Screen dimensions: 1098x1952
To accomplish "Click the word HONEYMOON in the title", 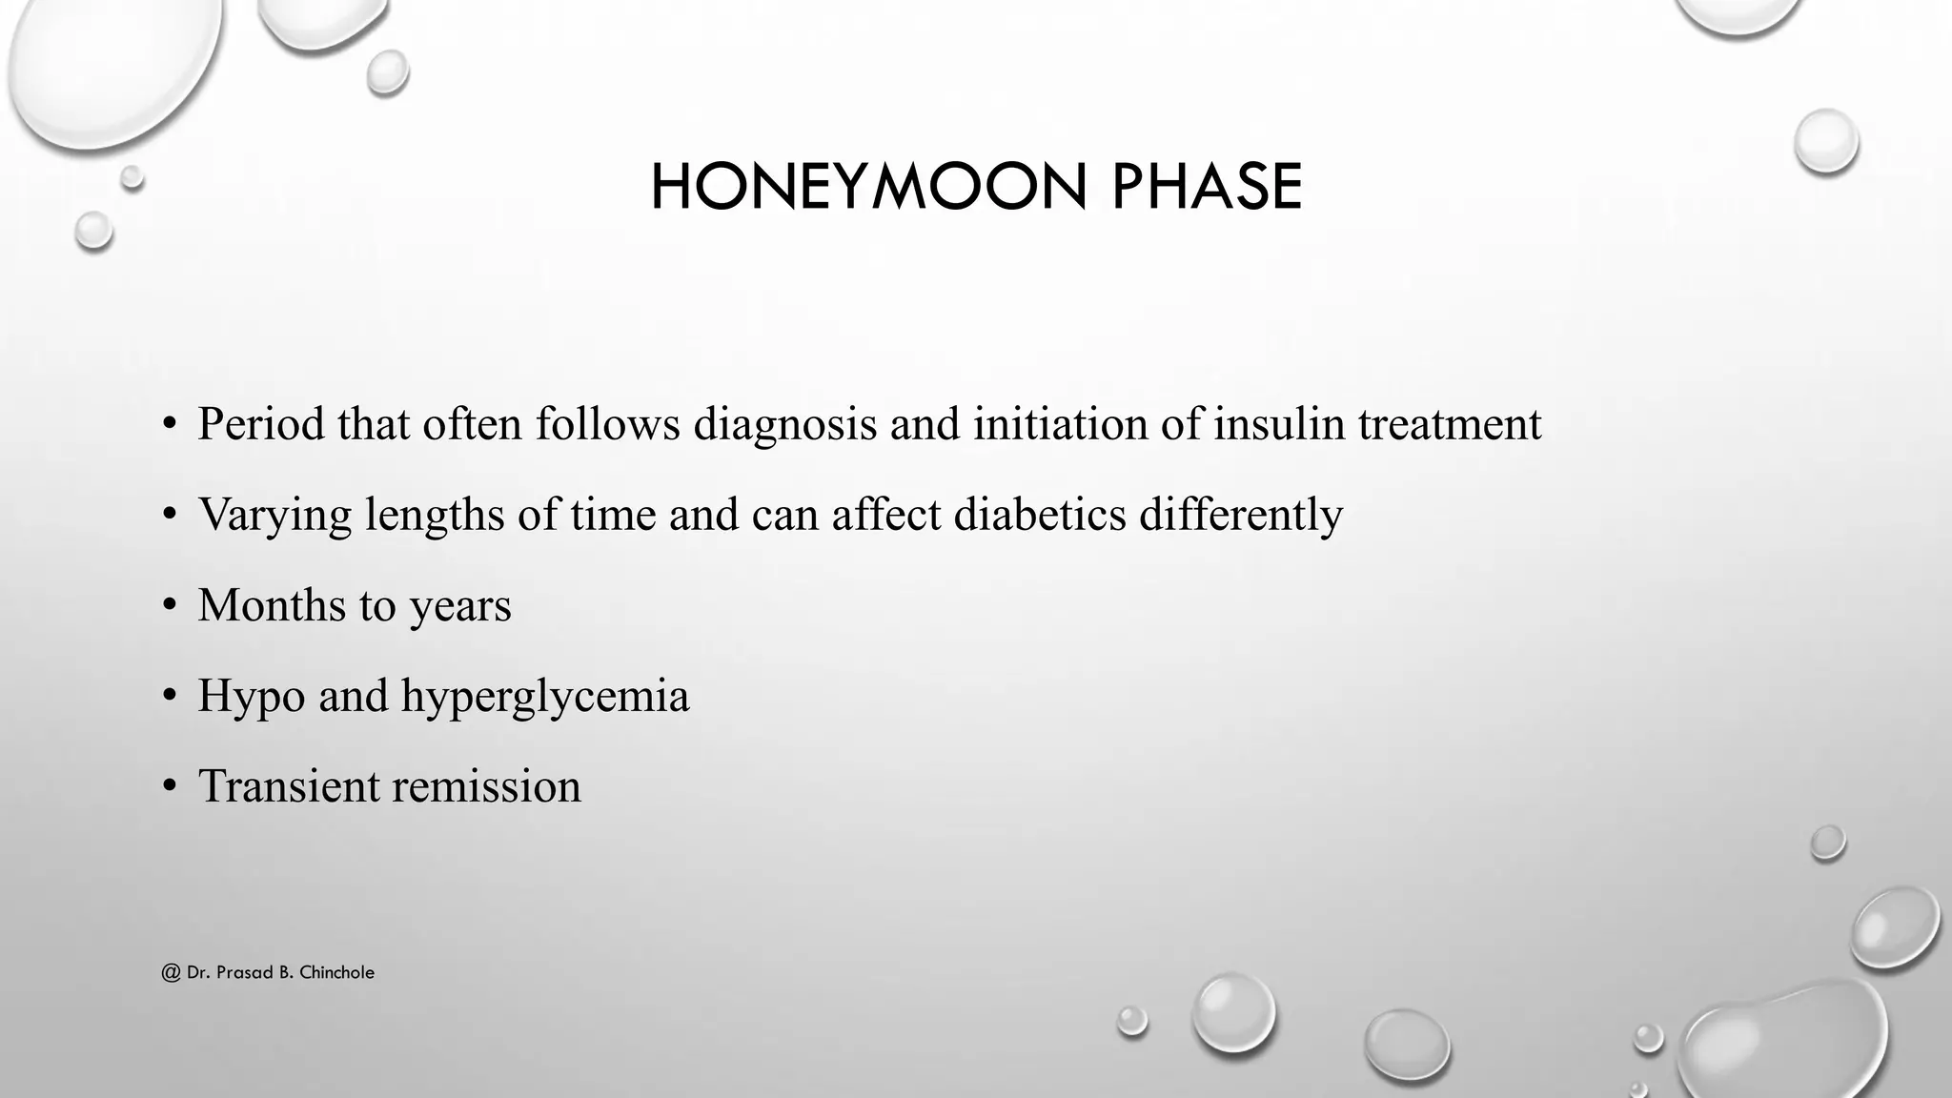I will pos(868,187).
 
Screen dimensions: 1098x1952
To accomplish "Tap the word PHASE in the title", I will pos(1207,187).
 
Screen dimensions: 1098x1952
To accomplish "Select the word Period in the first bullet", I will pos(261,424).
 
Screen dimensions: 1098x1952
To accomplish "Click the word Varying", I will pos(275,515).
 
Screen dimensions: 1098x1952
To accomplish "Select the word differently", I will pos(1241,515).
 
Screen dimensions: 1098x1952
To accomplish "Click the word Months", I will pos(272,605).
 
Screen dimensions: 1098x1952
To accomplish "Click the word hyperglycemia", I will pos(545,697).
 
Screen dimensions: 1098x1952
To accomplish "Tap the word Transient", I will pos(289,786).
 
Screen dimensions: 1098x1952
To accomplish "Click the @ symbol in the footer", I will pos(172,973).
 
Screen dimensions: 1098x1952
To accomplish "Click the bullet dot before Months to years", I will pos(170,606).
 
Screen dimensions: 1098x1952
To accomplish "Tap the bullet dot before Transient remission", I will pos(170,787).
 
